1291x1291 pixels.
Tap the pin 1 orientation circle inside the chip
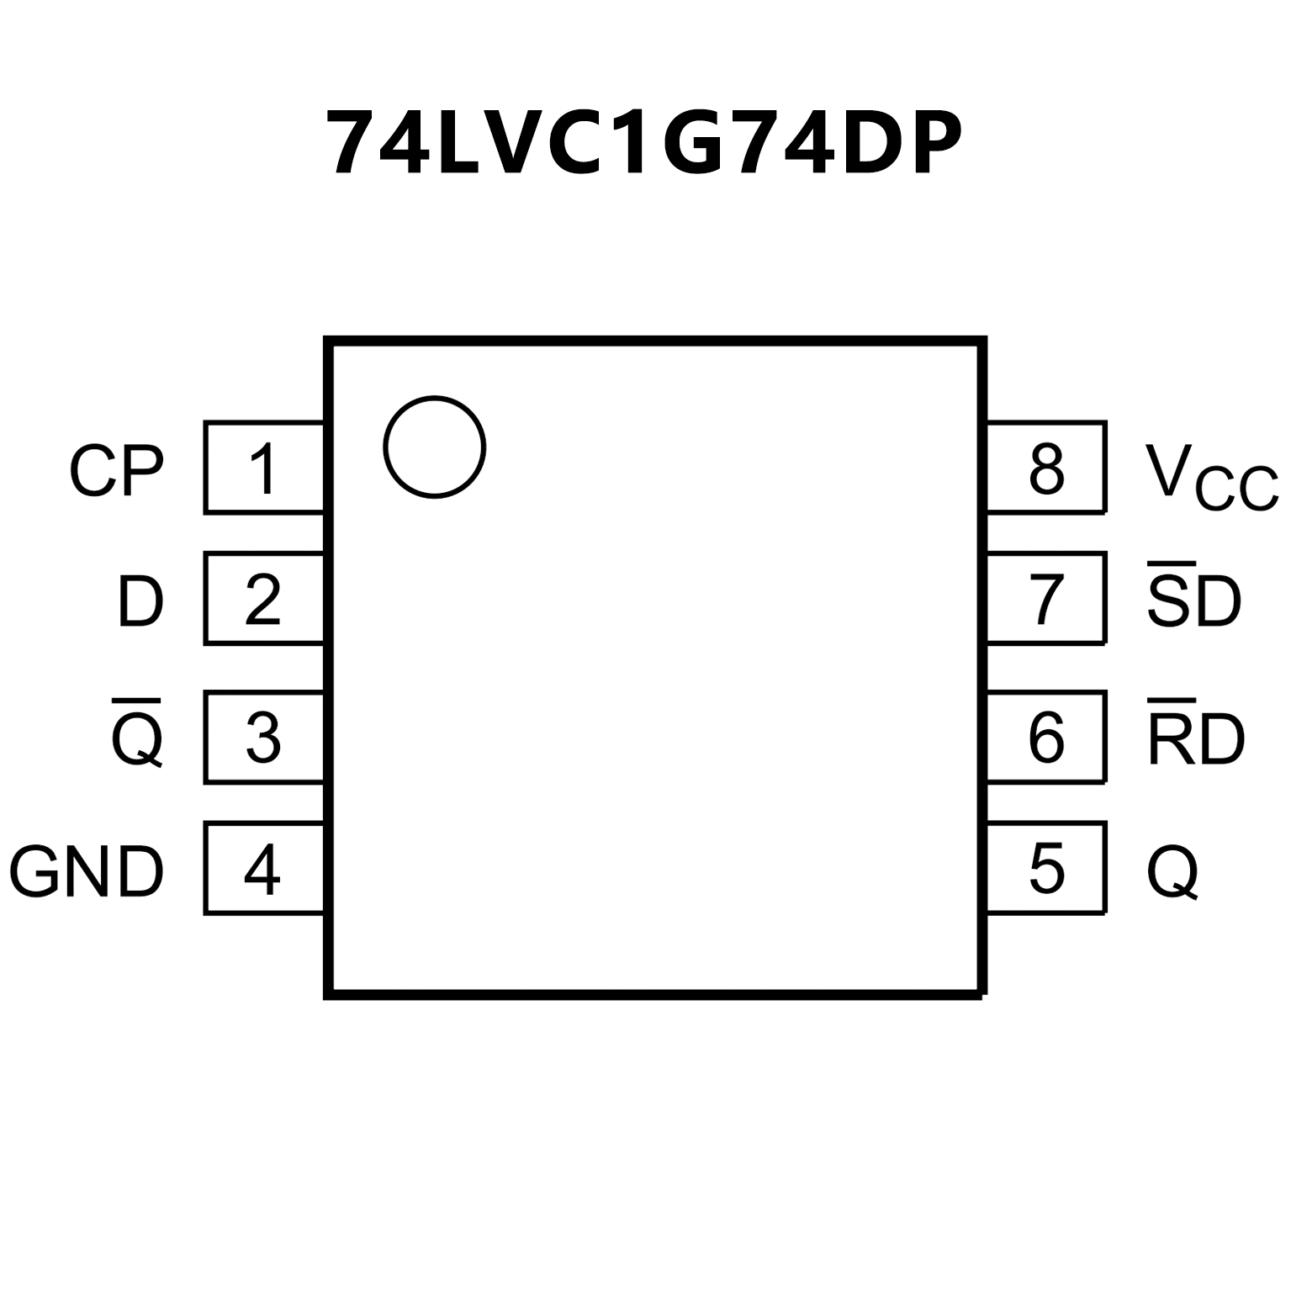(x=434, y=447)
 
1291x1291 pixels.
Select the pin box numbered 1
(x=263, y=468)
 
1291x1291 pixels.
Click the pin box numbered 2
(x=263, y=599)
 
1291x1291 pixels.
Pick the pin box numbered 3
(x=263, y=738)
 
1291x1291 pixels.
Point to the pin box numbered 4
(x=263, y=869)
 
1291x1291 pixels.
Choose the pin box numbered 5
(x=1046, y=869)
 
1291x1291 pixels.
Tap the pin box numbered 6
(x=1046, y=738)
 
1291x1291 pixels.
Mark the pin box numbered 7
(x=1046, y=599)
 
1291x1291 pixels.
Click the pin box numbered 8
(x=1046, y=468)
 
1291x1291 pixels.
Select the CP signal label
(x=116, y=471)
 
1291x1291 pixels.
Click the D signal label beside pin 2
(x=140, y=602)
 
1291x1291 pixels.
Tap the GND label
(x=86, y=872)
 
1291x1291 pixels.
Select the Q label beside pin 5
(x=1172, y=872)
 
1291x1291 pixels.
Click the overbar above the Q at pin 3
(x=136, y=700)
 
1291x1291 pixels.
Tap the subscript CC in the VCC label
(x=1236, y=491)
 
